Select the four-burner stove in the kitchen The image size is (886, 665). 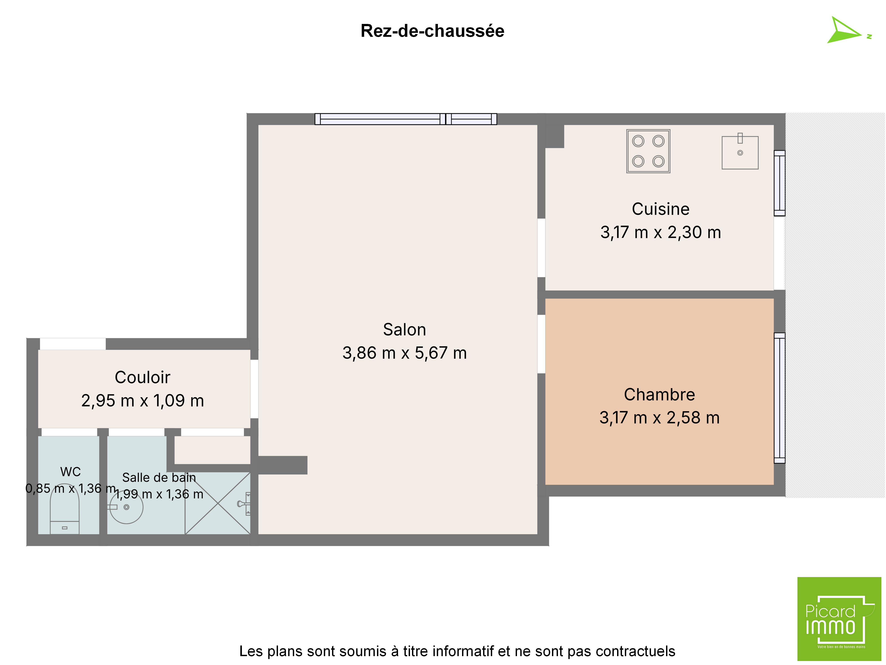[x=648, y=151]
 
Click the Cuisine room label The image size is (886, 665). [x=661, y=209]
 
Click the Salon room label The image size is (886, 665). [x=404, y=329]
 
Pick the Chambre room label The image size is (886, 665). [x=659, y=394]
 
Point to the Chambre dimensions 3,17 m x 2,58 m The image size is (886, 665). [x=659, y=418]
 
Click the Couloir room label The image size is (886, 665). [x=143, y=377]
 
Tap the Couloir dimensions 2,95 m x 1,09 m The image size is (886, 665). [x=143, y=401]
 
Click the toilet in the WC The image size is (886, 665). [x=64, y=513]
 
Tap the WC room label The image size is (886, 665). [x=70, y=472]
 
